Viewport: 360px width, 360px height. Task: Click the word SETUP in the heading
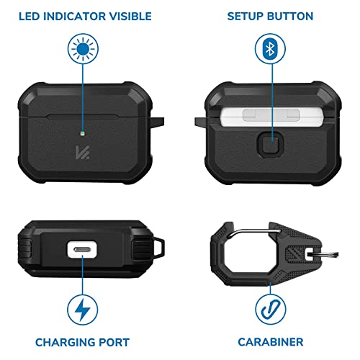point(246,16)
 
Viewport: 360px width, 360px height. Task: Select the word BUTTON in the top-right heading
point(291,16)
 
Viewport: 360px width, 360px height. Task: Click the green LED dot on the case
point(84,132)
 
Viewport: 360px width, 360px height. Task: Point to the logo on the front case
point(84,153)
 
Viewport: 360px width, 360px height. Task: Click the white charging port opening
point(84,250)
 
